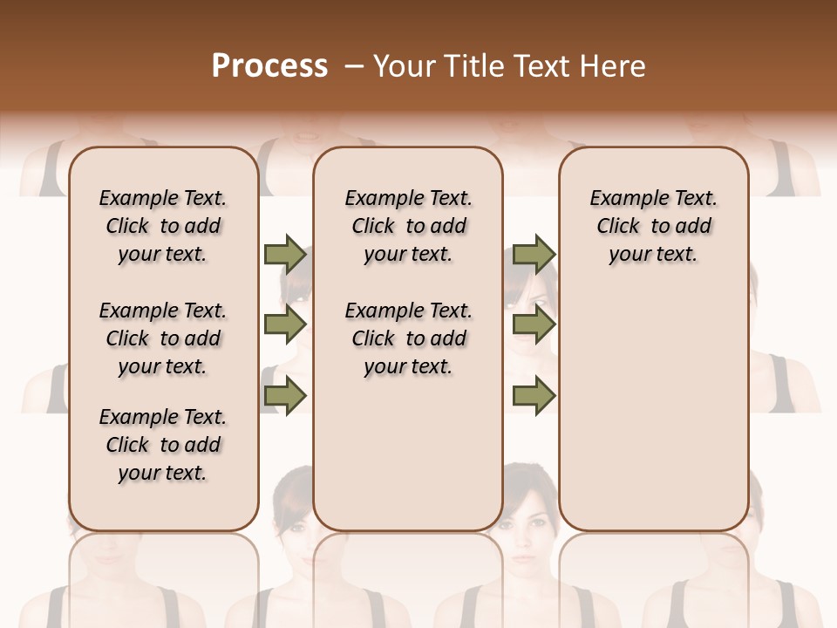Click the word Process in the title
pyautogui.click(x=269, y=66)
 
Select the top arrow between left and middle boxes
pyautogui.click(x=284, y=254)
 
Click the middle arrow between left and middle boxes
pyautogui.click(x=284, y=324)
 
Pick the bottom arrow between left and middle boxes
pyautogui.click(x=284, y=395)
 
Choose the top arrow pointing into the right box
pyautogui.click(x=534, y=254)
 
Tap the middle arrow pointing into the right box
pyautogui.click(x=534, y=324)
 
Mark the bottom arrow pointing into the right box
pyautogui.click(x=534, y=395)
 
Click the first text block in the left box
pyautogui.click(x=162, y=226)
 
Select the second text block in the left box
pyautogui.click(x=162, y=338)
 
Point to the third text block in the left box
pyautogui.click(x=162, y=445)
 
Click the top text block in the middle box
pyautogui.click(x=408, y=226)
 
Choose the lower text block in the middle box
pyautogui.click(x=408, y=338)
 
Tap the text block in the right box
pyautogui.click(x=653, y=226)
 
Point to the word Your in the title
pyautogui.click(x=401, y=66)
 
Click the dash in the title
pyautogui.click(x=353, y=67)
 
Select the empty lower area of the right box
pyautogui.click(x=653, y=401)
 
